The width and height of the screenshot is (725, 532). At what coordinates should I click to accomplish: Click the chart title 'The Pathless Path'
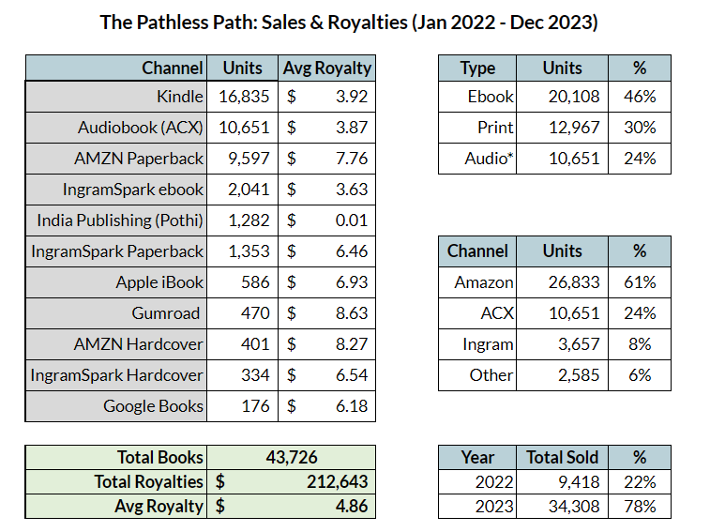click(x=349, y=22)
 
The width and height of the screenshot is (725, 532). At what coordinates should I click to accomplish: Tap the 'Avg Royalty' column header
click(x=327, y=68)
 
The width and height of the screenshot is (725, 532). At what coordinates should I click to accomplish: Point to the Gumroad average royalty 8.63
click(x=348, y=313)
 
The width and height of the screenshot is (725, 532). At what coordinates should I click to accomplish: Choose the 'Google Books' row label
click(x=153, y=406)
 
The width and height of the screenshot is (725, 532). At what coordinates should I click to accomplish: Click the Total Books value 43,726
click(x=291, y=458)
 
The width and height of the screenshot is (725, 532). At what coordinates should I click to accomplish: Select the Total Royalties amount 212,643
click(x=336, y=482)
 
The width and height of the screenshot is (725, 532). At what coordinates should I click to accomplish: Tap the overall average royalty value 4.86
click(x=350, y=506)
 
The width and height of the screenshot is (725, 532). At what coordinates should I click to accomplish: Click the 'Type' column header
click(x=477, y=68)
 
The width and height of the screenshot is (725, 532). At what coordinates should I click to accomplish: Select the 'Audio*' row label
click(x=490, y=160)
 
